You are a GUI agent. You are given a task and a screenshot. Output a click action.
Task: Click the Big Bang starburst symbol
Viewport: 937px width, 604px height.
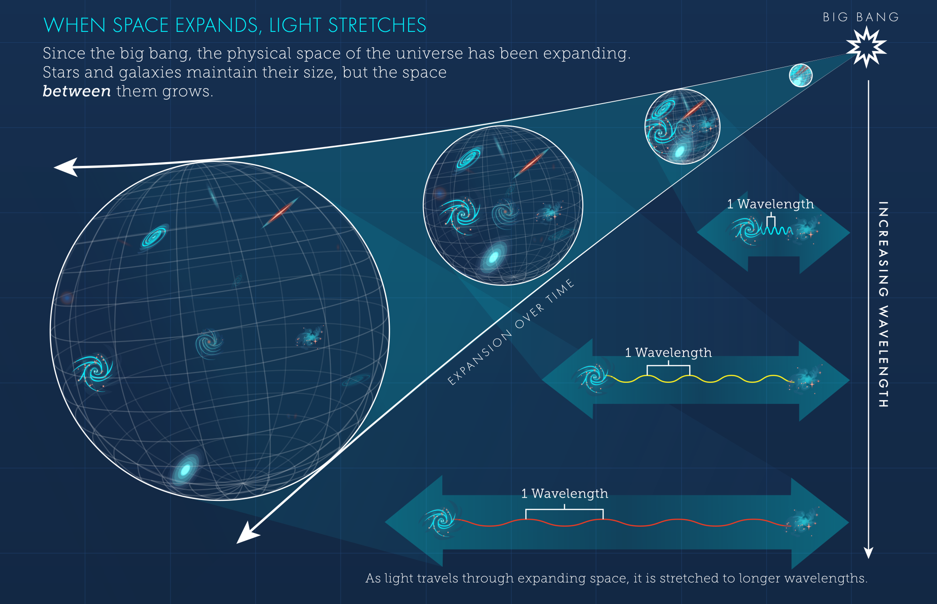866,47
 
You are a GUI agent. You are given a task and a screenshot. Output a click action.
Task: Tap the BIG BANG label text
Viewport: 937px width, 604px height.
861,17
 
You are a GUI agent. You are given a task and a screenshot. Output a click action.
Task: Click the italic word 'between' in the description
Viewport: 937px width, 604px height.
76,91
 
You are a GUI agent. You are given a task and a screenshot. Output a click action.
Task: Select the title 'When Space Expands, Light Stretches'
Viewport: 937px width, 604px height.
235,25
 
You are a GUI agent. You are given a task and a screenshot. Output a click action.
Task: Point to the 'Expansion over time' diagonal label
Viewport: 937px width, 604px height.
511,332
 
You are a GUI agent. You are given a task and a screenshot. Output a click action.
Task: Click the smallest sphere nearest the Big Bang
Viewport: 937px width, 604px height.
801,75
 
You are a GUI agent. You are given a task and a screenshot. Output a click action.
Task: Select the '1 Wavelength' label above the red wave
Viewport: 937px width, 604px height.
565,493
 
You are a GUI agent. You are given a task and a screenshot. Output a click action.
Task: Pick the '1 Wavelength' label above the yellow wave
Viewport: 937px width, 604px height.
668,352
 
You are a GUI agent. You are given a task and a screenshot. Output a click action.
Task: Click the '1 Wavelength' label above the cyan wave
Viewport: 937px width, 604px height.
770,204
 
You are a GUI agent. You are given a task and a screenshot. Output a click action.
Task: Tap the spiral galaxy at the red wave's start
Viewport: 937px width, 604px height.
440,521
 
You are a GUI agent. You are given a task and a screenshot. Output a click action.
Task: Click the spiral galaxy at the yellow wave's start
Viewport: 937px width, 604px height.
593,377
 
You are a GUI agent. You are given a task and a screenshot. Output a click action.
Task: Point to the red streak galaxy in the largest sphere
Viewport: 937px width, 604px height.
280,213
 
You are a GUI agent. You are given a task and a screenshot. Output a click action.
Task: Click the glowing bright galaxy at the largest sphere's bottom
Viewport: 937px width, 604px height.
186,469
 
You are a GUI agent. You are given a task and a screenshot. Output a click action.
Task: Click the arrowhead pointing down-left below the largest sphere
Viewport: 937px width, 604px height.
246,534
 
